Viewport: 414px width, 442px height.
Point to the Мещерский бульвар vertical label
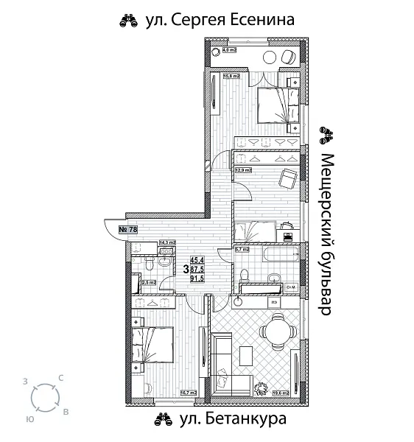click(328, 234)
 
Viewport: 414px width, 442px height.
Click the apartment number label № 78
click(127, 230)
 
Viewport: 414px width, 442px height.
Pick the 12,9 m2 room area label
click(243, 170)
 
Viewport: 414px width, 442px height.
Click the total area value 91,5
click(197, 278)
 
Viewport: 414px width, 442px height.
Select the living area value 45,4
click(197, 260)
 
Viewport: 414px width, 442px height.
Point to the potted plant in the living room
click(261, 388)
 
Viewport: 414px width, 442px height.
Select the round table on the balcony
click(270, 57)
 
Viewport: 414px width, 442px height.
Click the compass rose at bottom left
click(46, 400)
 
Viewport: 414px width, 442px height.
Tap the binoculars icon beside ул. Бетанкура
click(162, 420)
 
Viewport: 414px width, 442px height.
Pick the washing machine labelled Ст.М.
click(291, 287)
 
